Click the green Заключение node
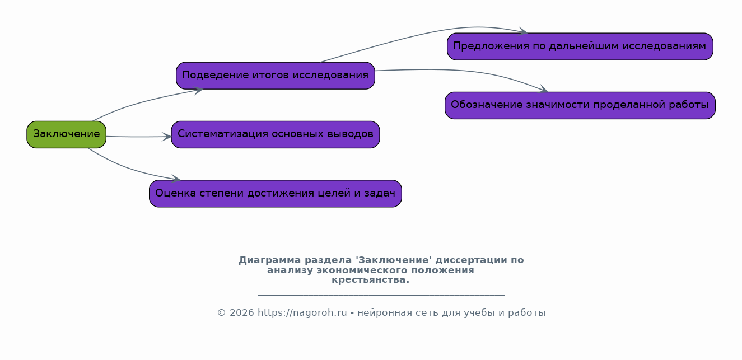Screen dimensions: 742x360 pos(66,134)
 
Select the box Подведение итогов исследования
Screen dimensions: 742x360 pos(276,76)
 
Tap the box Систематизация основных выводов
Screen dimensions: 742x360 pos(276,134)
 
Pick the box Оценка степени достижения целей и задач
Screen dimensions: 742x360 pos(276,193)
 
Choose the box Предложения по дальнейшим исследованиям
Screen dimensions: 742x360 pos(580,46)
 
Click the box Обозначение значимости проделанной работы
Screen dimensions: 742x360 pos(580,105)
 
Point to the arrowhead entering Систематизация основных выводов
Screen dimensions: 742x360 pos(166,137)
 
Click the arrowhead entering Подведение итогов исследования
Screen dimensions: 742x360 pos(198,90)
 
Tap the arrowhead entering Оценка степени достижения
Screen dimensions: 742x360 pos(176,179)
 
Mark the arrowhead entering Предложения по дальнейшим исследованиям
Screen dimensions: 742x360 pos(523,31)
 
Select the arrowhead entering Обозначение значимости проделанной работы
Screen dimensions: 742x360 pos(544,89)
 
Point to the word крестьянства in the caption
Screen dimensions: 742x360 pos(368,280)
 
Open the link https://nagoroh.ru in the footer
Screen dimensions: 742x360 pos(302,312)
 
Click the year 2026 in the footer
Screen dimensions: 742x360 pos(241,312)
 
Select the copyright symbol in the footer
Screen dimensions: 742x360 pos(222,312)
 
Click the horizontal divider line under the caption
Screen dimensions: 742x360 pos(381,294)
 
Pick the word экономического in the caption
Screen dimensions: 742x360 pos(362,270)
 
